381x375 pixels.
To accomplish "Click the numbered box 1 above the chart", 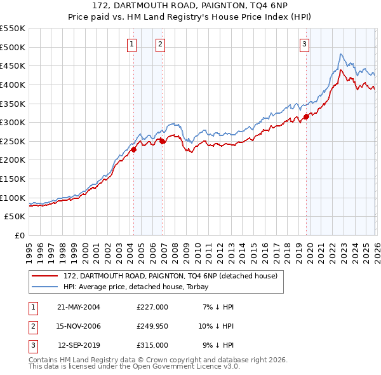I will [x=131, y=44].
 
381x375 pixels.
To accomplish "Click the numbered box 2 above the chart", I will [x=159, y=44].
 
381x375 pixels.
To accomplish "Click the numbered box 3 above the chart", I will [x=304, y=44].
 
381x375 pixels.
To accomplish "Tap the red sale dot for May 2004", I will [x=134, y=149].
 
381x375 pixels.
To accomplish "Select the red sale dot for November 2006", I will [x=162, y=141].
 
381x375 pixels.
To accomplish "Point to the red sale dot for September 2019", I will [x=306, y=116].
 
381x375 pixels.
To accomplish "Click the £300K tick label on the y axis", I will [x=12, y=122].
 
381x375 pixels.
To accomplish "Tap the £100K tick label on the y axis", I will [x=12, y=198].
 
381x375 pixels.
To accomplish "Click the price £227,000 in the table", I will [x=152, y=307].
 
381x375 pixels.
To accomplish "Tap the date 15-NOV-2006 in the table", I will [x=79, y=326].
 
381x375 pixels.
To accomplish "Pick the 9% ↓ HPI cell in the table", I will [x=218, y=345].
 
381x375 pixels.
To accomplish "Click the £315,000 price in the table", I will [x=152, y=345].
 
